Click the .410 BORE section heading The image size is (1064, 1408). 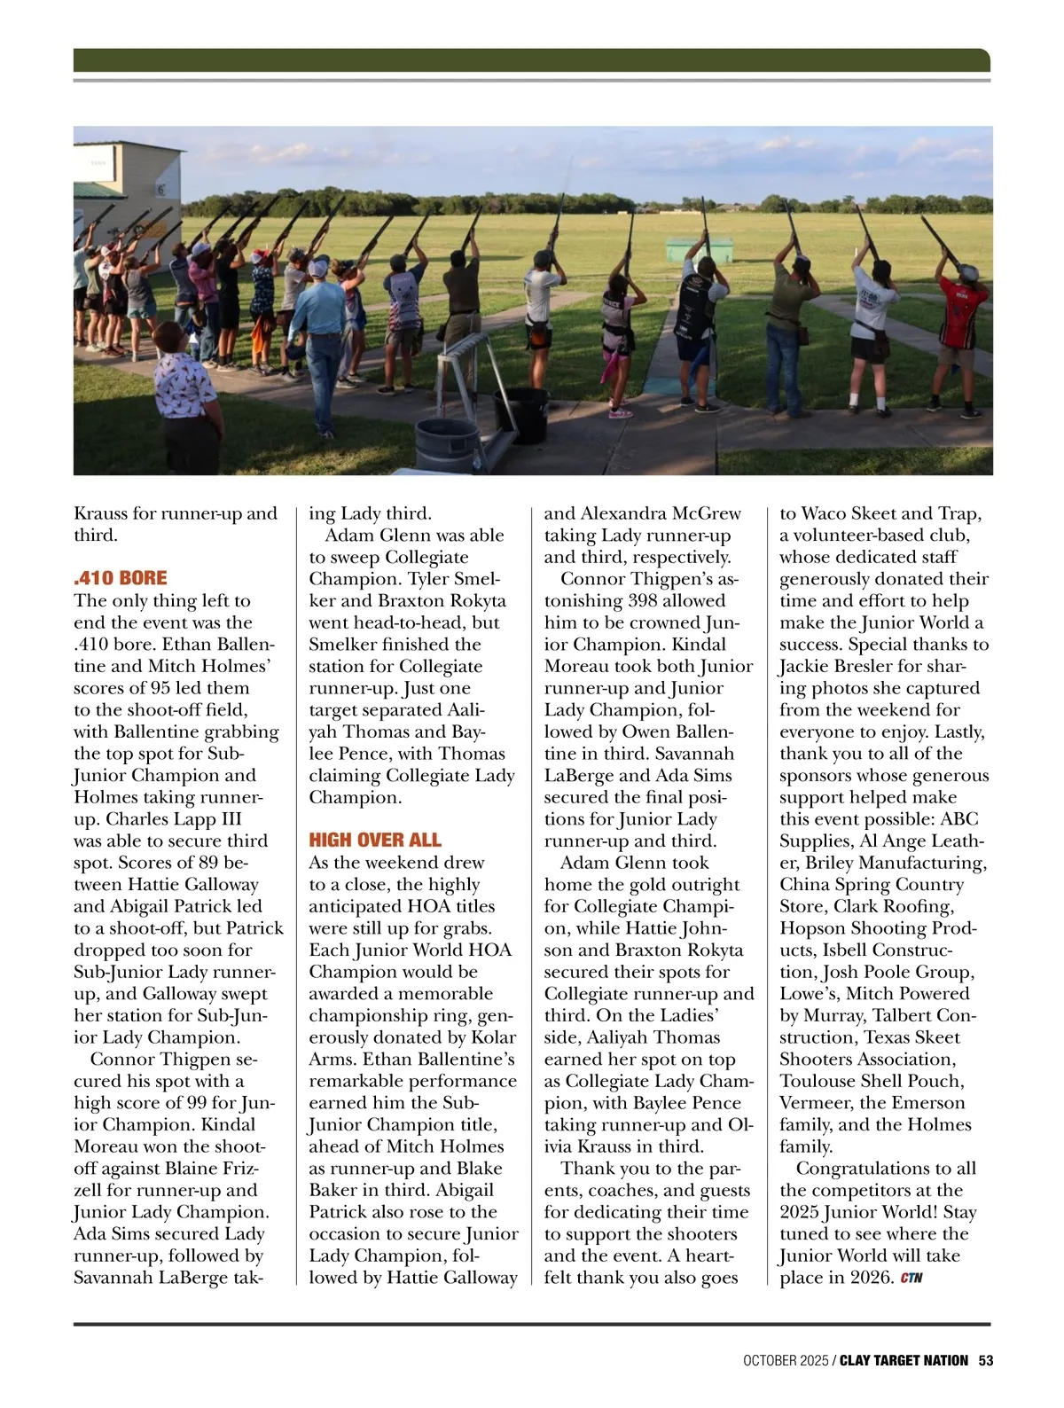click(120, 578)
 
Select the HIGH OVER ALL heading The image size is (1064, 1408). click(374, 840)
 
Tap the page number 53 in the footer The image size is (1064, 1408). click(985, 1360)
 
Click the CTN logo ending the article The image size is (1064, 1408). click(911, 1279)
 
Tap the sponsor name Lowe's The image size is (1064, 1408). click(806, 994)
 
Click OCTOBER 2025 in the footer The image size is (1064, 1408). click(784, 1360)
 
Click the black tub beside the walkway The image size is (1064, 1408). click(527, 415)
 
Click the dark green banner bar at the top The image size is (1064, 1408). click(531, 60)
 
